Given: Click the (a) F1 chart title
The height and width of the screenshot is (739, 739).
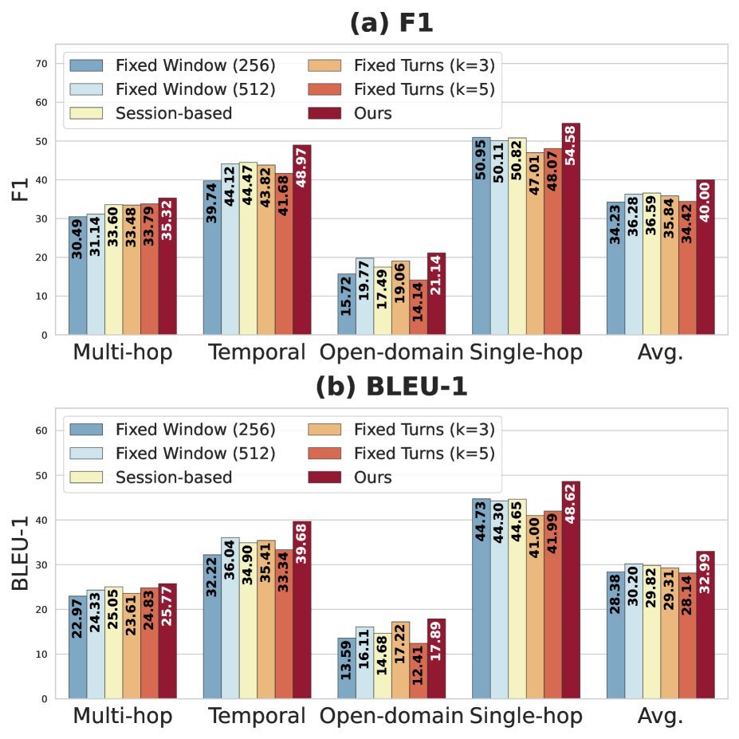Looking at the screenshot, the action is (x=391, y=22).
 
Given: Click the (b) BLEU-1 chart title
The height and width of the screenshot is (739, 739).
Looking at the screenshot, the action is (x=391, y=387).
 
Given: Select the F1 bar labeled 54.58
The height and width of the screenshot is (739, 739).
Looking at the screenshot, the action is (x=571, y=229).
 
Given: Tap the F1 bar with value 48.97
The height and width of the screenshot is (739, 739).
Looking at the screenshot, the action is (x=301, y=240).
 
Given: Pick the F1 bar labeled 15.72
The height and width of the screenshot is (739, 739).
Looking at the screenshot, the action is (x=347, y=305).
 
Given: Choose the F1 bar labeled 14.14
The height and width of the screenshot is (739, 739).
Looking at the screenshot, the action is (x=418, y=307).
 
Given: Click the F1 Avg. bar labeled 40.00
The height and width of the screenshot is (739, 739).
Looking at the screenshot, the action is (x=706, y=257).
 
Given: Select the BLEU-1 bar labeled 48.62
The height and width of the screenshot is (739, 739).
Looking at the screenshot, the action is (x=571, y=590).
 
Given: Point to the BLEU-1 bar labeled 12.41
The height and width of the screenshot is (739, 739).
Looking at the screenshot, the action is (x=418, y=671).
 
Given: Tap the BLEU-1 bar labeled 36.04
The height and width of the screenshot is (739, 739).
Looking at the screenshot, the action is (x=230, y=619).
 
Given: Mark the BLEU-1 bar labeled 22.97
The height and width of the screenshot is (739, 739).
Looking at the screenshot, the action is (x=78, y=647).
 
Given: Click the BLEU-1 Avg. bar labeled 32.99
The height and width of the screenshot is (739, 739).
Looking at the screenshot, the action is (x=706, y=625).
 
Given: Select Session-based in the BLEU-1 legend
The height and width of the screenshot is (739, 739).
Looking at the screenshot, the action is (x=151, y=477).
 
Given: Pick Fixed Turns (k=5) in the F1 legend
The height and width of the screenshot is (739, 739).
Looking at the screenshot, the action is (x=402, y=89).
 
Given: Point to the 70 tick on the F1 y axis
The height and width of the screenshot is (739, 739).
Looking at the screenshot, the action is (x=41, y=64).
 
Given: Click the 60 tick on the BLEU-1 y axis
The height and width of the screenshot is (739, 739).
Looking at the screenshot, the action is (x=41, y=430).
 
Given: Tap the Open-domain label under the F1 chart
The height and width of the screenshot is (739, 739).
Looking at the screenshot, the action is (x=391, y=352).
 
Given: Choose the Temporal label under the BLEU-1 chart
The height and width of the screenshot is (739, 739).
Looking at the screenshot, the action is (x=257, y=715).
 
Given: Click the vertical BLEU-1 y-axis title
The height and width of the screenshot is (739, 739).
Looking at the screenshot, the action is (x=20, y=553).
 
